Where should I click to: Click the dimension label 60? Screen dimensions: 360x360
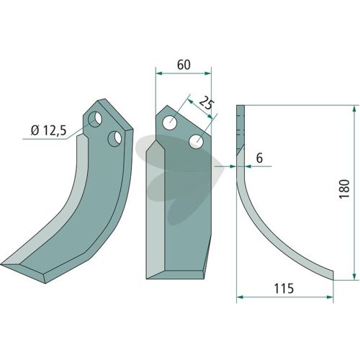184,65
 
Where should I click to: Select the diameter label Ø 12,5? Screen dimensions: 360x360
48,130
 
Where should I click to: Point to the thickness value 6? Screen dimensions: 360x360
259,158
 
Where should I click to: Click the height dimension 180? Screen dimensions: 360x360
344,189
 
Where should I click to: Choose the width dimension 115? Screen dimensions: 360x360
284,289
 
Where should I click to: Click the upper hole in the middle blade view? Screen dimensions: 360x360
170,122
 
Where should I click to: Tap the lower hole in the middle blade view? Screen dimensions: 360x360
197,141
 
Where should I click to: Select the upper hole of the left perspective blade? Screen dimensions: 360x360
95,119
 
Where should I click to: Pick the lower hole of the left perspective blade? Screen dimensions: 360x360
114,139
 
